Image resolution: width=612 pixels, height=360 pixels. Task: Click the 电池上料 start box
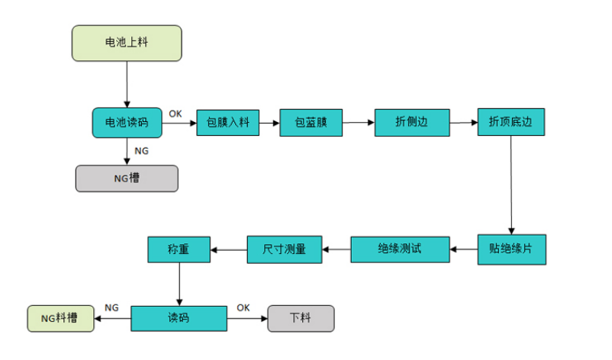127,43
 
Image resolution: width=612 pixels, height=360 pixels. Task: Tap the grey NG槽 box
127,178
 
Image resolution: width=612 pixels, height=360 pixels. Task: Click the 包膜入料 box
228,122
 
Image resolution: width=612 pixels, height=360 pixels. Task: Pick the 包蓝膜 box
311,122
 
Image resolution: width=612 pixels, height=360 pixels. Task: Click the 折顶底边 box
511,122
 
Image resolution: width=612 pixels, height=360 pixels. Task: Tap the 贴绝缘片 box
511,249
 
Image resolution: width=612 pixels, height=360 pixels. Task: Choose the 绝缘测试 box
400,249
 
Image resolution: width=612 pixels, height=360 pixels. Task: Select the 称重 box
179,249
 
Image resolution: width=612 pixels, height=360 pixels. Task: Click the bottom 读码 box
179,318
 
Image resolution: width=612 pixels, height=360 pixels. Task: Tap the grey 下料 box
301,318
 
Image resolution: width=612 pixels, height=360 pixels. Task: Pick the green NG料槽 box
60,318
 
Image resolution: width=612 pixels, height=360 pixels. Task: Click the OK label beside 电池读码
176,113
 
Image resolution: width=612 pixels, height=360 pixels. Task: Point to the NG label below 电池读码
141,151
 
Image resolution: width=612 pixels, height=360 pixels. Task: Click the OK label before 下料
243,307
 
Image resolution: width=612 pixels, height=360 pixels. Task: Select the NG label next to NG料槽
111,307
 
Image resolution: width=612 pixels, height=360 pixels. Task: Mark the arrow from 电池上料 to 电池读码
127,84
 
